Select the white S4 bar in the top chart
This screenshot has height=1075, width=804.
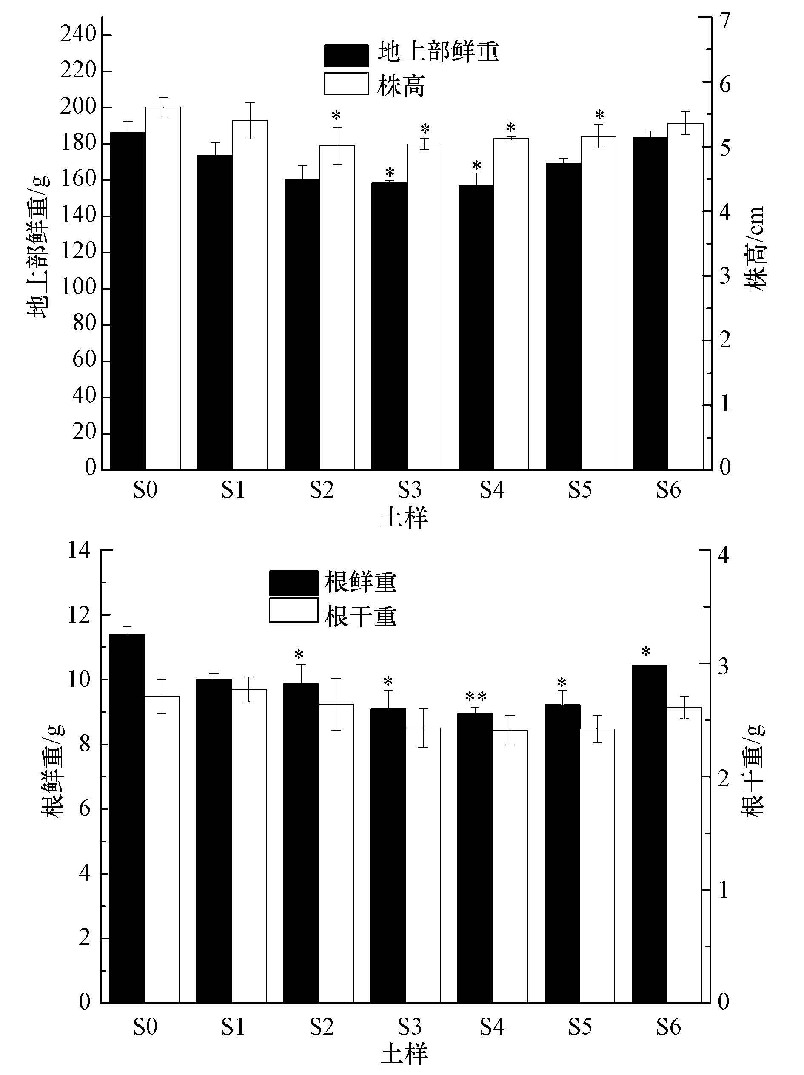point(511,304)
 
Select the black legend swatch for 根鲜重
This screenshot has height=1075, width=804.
point(293,582)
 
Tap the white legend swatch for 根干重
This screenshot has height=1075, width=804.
point(293,610)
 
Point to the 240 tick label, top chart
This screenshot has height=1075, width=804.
point(78,35)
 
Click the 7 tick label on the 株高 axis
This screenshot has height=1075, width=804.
point(725,20)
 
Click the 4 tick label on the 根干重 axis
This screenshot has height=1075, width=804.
point(723,555)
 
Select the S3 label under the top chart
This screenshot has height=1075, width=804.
point(409,490)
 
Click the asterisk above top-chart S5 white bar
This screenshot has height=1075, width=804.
point(599,116)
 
